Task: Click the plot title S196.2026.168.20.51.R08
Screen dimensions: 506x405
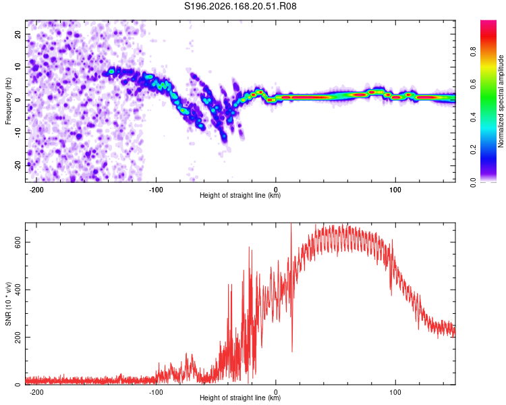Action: click(x=240, y=6)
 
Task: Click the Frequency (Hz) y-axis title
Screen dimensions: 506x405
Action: click(x=8, y=101)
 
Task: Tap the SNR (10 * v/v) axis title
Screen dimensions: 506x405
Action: click(x=8, y=304)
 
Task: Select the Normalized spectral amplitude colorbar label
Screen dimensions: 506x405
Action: click(x=501, y=101)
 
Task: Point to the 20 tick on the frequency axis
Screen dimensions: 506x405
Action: click(x=18, y=34)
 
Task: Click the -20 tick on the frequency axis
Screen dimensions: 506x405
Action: click(x=18, y=165)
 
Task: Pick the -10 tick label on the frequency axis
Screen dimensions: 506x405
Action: click(x=18, y=133)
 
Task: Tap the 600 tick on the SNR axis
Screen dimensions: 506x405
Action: click(x=18, y=242)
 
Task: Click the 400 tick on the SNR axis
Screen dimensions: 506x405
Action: click(x=18, y=290)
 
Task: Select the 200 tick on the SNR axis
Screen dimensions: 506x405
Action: click(x=18, y=337)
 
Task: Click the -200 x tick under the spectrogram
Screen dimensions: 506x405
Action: click(x=36, y=190)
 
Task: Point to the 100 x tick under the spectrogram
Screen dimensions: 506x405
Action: click(x=395, y=190)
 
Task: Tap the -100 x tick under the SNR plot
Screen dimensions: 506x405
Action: click(x=156, y=392)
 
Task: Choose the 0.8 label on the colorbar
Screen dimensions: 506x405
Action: click(x=474, y=51)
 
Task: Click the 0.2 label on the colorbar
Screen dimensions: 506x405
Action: click(x=474, y=150)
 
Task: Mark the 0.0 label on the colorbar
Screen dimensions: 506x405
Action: click(x=474, y=182)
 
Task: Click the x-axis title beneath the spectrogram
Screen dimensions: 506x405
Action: click(x=240, y=195)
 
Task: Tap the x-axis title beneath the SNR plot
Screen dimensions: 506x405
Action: click(x=240, y=398)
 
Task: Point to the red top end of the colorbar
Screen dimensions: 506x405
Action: click(x=488, y=22)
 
